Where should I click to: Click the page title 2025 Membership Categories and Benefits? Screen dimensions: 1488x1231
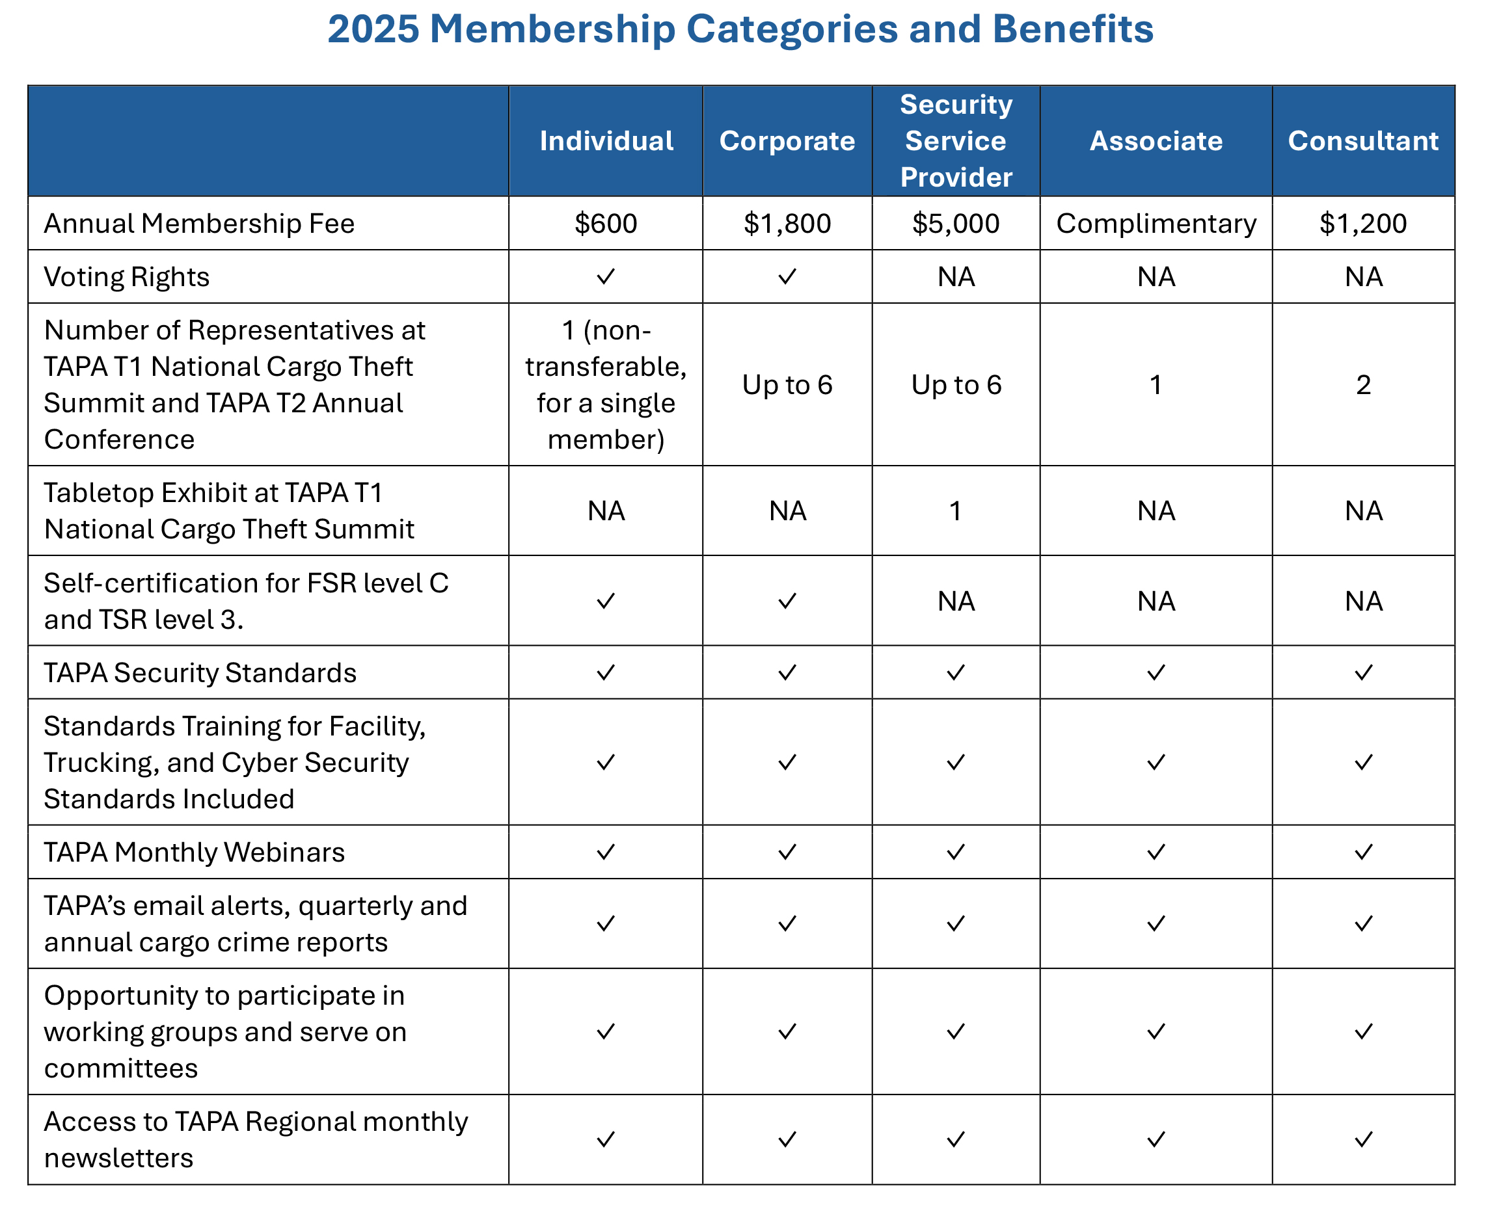click(x=740, y=29)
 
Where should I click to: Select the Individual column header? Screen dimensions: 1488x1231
click(x=606, y=141)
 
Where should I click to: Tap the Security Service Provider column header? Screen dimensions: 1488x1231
click(x=956, y=141)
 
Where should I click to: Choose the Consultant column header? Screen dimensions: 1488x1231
click(x=1363, y=141)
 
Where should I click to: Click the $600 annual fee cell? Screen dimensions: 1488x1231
click(x=606, y=224)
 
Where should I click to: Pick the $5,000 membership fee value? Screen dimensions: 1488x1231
click(x=956, y=224)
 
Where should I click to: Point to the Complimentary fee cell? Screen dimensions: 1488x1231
click(x=1156, y=224)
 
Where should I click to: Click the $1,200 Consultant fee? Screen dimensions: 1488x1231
click(x=1363, y=224)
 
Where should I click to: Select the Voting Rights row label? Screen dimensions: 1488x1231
click(x=127, y=277)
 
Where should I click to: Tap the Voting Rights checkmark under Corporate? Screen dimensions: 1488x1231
click(x=787, y=277)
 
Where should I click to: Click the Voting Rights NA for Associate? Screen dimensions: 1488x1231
click(x=1156, y=277)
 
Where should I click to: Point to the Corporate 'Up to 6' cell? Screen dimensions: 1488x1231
click(x=787, y=384)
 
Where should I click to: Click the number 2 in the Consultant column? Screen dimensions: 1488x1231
click(x=1363, y=384)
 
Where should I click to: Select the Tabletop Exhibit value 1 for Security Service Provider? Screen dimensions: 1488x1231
click(x=956, y=510)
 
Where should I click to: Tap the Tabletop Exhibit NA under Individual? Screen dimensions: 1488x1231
click(x=606, y=510)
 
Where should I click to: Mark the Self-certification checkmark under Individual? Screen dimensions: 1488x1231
click(x=606, y=602)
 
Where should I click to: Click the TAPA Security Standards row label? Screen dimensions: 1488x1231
click(x=200, y=673)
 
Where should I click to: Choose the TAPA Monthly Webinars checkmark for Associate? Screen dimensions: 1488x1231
click(x=1156, y=852)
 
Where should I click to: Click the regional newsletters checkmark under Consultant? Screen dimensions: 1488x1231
click(x=1363, y=1139)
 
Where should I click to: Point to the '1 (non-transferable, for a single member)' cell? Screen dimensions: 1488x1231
click(x=606, y=384)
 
